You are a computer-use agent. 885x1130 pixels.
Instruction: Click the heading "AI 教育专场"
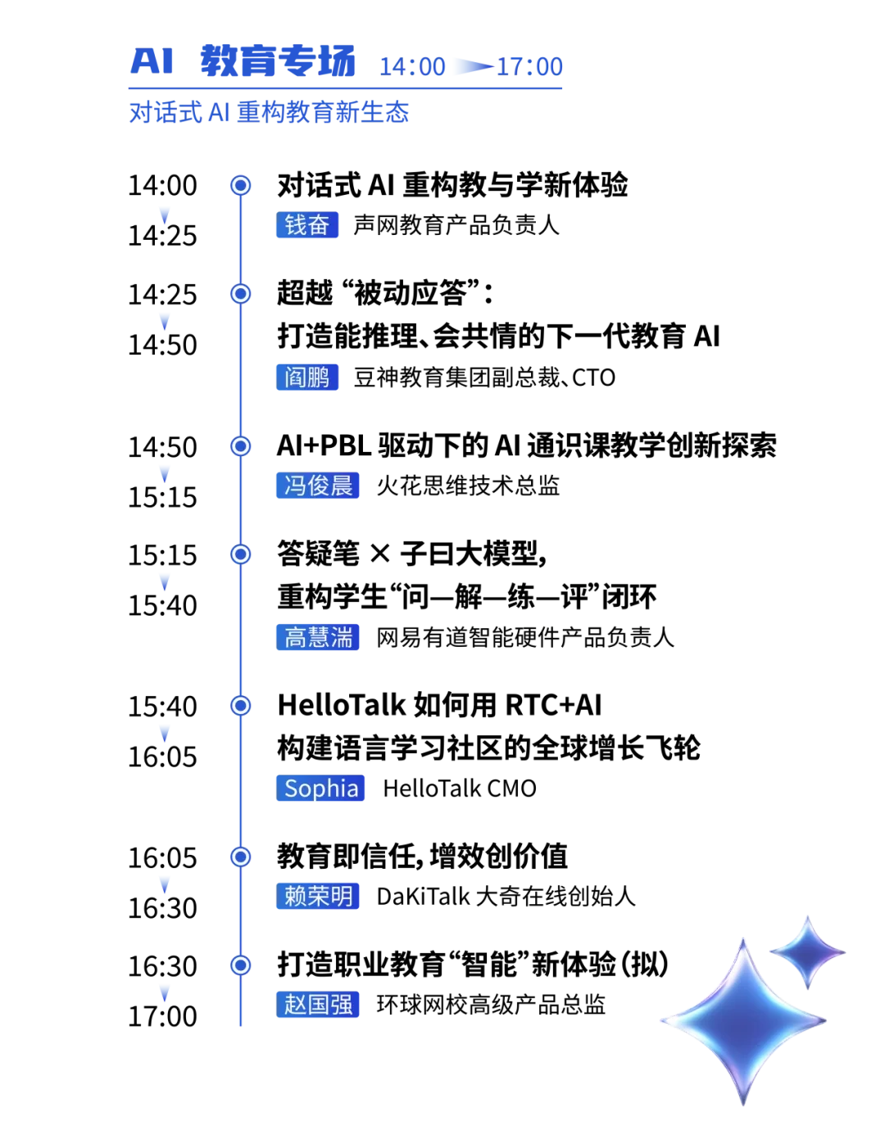click(243, 61)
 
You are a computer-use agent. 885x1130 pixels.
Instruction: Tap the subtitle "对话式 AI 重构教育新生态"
click(269, 112)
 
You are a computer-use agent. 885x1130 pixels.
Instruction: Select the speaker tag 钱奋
click(307, 224)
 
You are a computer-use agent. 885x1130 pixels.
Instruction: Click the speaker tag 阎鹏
click(307, 377)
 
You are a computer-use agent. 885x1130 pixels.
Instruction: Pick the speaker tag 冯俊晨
click(317, 486)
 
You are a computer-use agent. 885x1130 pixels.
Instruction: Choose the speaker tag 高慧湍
click(317, 637)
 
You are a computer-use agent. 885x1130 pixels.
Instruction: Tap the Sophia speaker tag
click(320, 788)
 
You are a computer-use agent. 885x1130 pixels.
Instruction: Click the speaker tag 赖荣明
click(317, 896)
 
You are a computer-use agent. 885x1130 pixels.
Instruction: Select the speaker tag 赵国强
click(317, 1004)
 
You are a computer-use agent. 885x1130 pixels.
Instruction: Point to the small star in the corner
click(807, 952)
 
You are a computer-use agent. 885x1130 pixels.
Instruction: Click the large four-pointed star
click(743, 1020)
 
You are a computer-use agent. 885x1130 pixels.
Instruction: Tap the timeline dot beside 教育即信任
click(240, 857)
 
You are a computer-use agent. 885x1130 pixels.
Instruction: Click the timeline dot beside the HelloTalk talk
click(240, 706)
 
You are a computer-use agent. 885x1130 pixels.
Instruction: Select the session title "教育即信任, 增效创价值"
click(422, 857)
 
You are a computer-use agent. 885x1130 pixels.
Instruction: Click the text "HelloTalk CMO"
click(460, 789)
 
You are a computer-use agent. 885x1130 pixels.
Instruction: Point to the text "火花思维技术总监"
click(468, 486)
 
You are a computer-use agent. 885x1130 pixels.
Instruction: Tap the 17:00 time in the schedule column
click(162, 1016)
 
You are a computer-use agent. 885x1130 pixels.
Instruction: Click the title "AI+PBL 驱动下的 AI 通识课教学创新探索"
click(526, 445)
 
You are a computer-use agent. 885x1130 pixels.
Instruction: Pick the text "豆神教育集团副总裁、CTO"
click(484, 377)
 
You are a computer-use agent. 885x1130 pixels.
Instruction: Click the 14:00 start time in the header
click(412, 66)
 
